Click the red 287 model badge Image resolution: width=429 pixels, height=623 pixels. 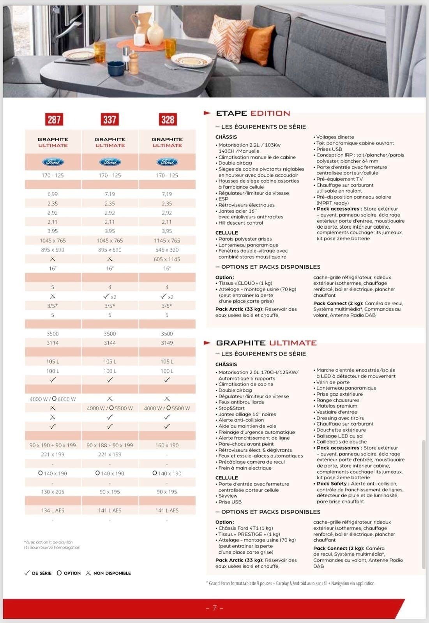pyautogui.click(x=54, y=120)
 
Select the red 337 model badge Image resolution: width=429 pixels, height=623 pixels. pyautogui.click(x=110, y=120)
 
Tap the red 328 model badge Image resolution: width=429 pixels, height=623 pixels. pyautogui.click(x=168, y=120)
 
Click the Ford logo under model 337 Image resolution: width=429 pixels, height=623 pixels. pyautogui.click(x=110, y=162)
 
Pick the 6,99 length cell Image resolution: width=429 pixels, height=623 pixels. pyautogui.click(x=53, y=194)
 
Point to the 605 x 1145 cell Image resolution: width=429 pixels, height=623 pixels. pyautogui.click(x=167, y=259)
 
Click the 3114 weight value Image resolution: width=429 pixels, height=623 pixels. pyautogui.click(x=53, y=343)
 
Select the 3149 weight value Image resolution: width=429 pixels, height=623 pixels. pyautogui.click(x=167, y=343)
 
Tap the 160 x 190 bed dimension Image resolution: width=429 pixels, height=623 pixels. pyautogui.click(x=167, y=445)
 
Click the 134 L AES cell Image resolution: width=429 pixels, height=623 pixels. pyautogui.click(x=53, y=510)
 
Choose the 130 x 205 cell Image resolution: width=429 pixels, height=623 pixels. pyautogui.click(x=53, y=492)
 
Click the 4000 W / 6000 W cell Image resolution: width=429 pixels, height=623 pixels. pyautogui.click(x=53, y=399)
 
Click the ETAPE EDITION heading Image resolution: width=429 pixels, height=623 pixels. pyautogui.click(x=253, y=113)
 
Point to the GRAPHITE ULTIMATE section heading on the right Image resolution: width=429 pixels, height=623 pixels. pyautogui.click(x=266, y=343)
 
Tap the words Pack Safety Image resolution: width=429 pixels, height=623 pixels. pyautogui.click(x=332, y=484)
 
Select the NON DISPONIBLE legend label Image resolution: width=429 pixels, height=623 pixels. pyautogui.click(x=112, y=573)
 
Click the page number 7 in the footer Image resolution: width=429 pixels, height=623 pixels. pyautogui.click(x=215, y=608)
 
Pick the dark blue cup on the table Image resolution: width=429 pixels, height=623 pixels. pyautogui.click(x=115, y=69)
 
